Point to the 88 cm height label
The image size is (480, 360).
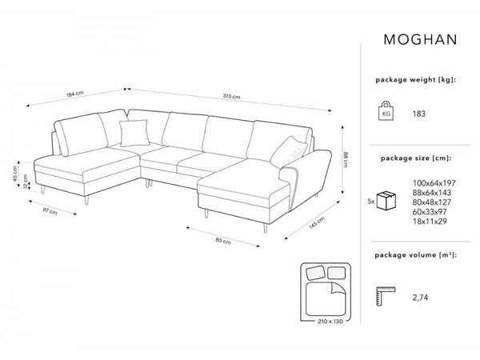[x=345, y=160]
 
